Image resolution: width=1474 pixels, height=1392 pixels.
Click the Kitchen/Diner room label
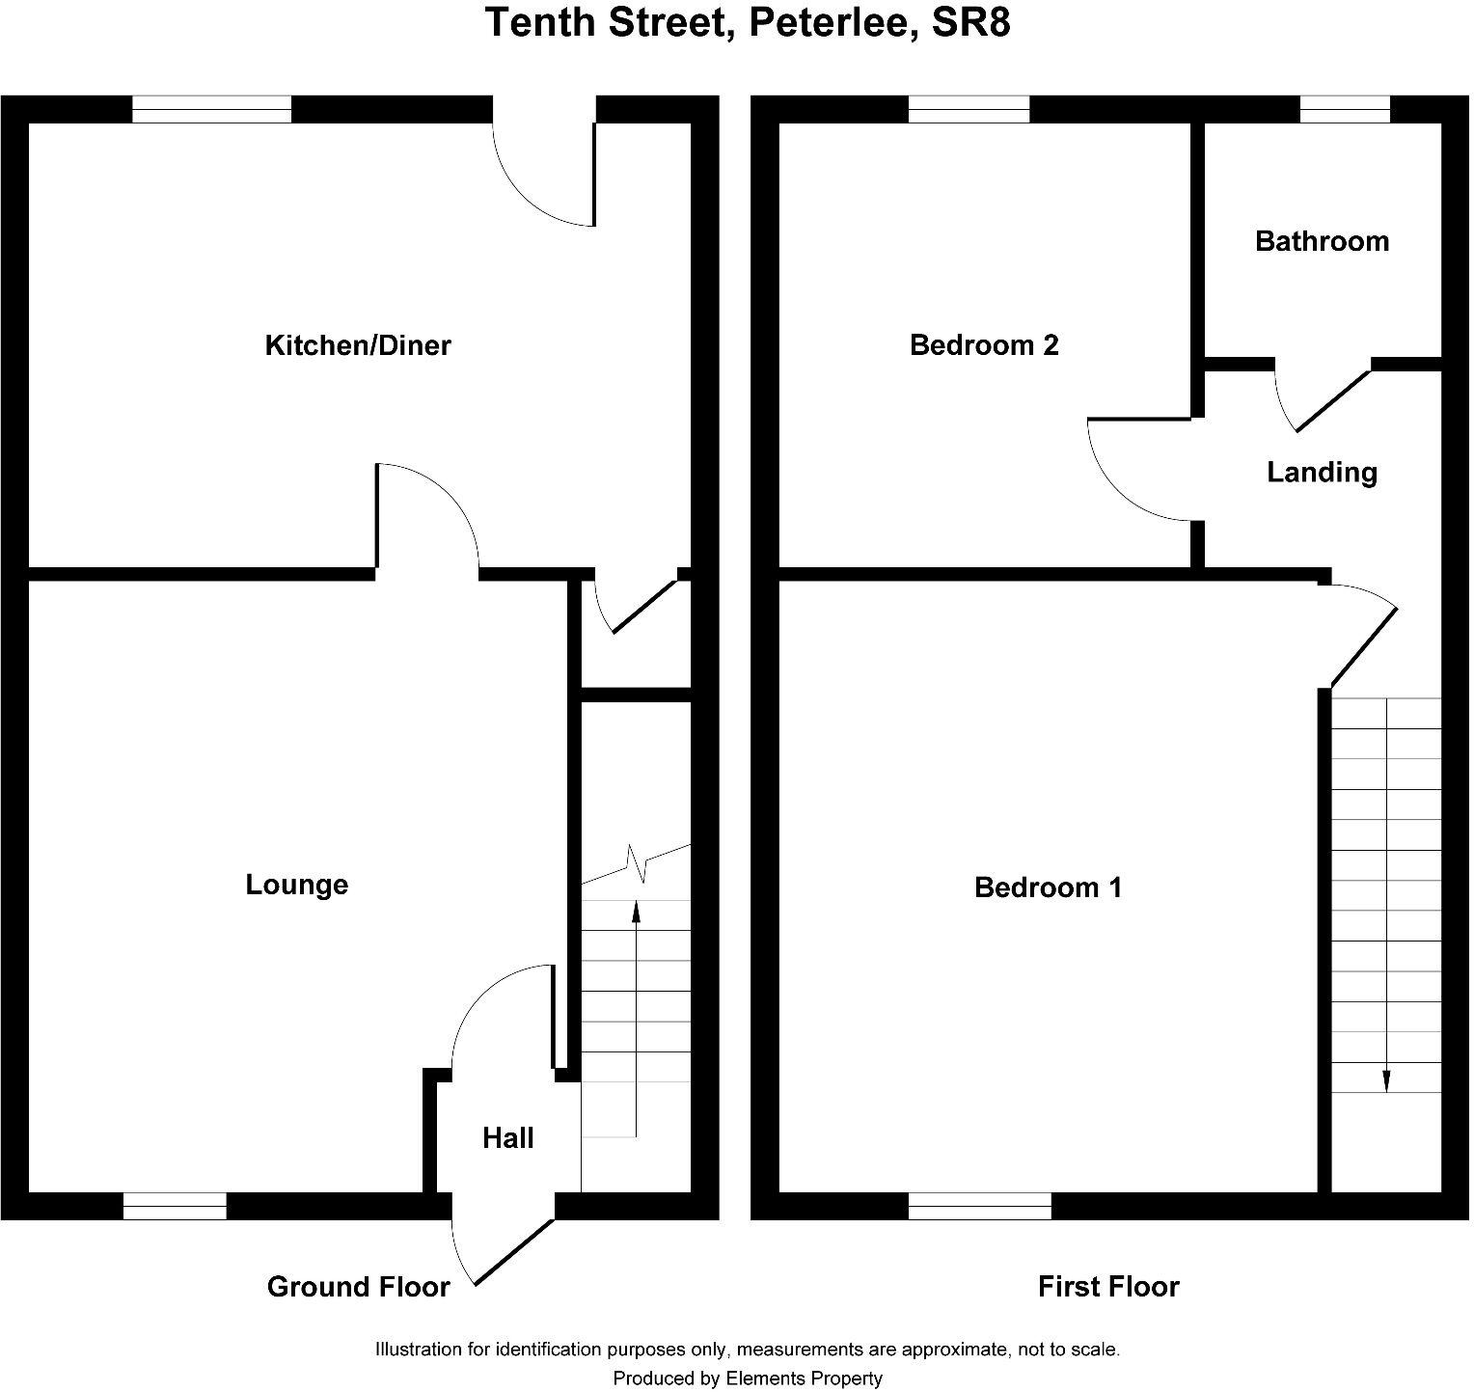pos(357,345)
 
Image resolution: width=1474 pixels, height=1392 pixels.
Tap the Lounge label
pos(296,885)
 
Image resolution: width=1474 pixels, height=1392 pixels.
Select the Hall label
pos(507,1138)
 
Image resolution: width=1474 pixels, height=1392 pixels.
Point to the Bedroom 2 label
pos(984,345)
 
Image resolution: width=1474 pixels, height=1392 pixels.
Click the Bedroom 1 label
pos(1048,887)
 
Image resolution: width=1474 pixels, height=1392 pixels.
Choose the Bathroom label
pos(1322,241)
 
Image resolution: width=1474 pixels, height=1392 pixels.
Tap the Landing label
pos(1322,473)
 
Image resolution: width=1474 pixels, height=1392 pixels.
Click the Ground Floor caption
pos(358,1287)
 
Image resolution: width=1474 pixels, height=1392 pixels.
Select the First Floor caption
pos(1108,1287)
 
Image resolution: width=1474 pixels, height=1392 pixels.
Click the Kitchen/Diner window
pos(211,109)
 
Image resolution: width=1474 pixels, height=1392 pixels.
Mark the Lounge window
pos(175,1206)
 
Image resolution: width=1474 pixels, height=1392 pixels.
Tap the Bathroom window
pos(1345,109)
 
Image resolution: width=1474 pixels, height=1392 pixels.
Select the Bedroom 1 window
pos(980,1206)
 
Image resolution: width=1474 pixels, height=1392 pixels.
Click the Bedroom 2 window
pos(969,109)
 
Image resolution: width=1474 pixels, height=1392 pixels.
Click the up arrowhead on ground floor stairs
pos(636,908)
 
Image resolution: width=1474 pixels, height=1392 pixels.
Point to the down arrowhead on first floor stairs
pos(1386,1082)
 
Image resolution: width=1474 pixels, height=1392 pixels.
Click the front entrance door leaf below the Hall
pos(514,1252)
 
